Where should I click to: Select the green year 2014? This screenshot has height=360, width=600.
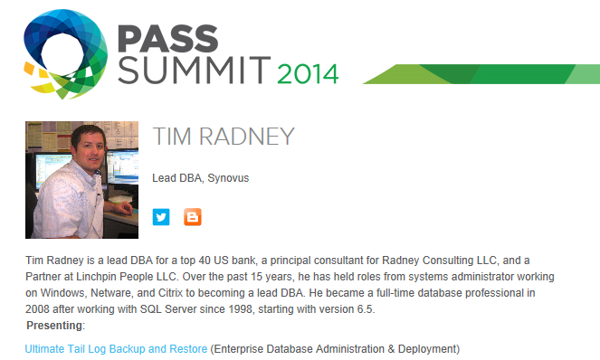[307, 72]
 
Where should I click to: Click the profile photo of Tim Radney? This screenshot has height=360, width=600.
[81, 180]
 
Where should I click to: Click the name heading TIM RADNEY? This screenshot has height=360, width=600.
[224, 137]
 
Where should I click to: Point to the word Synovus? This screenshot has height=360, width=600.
[228, 178]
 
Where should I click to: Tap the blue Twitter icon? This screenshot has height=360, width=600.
[161, 217]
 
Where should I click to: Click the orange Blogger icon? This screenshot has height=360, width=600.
[193, 217]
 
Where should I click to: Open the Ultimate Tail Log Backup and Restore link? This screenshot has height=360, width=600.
[116, 348]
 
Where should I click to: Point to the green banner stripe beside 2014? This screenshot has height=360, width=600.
[471, 73]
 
